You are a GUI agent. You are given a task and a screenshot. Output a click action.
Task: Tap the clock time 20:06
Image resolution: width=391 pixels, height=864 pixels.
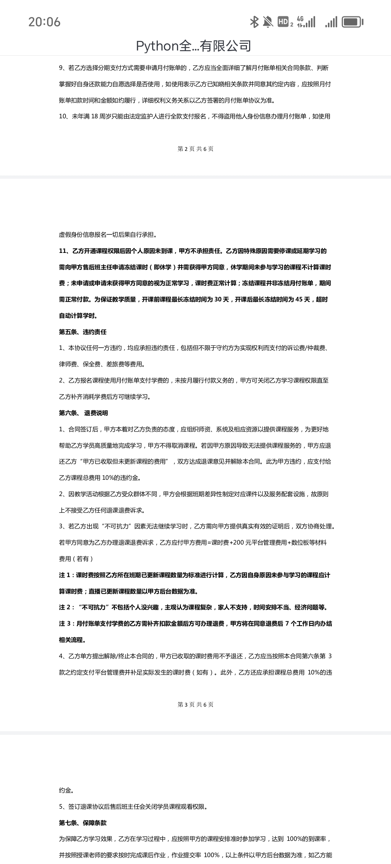45,22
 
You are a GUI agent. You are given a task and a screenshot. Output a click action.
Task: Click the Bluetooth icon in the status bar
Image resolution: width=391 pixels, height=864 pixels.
254,22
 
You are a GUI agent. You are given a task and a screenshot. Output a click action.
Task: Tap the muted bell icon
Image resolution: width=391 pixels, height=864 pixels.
268,22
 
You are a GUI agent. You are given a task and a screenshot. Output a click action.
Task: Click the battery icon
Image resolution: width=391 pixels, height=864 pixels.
352,22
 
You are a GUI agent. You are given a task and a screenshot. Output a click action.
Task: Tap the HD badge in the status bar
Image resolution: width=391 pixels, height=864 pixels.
283,22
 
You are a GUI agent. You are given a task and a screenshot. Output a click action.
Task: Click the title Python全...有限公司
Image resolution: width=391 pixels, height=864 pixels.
193,46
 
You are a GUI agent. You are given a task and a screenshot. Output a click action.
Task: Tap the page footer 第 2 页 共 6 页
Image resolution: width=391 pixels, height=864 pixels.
195,149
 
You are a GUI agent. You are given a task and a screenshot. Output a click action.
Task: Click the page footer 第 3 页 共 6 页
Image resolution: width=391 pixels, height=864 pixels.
195,704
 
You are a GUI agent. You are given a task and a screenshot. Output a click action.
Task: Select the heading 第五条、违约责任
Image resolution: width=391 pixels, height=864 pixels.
83,332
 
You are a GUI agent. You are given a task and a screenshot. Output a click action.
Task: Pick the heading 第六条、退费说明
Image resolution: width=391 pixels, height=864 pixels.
83,413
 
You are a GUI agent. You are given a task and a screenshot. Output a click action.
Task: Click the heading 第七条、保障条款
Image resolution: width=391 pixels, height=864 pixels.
83,823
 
